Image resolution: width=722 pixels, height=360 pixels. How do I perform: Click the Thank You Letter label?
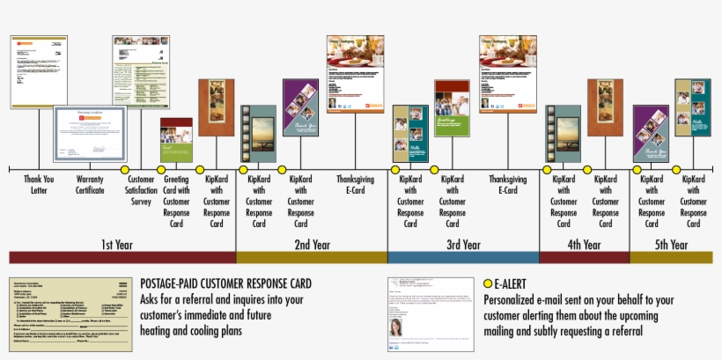38,184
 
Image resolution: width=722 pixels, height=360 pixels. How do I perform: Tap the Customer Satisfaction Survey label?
141,189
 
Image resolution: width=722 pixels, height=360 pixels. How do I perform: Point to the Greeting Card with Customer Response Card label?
176,200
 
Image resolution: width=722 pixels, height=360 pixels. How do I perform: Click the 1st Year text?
117,244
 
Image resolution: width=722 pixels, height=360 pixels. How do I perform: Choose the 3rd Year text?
463,244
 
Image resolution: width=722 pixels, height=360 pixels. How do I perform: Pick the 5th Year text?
671,244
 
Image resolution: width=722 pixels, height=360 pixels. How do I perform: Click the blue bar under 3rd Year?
463,257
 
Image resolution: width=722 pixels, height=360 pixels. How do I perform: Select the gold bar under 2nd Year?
312,257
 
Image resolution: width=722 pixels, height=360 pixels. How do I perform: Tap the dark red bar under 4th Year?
584,257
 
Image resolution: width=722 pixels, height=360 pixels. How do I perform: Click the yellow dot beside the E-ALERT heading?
488,284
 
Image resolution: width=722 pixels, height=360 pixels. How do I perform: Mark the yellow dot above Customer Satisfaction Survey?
124,169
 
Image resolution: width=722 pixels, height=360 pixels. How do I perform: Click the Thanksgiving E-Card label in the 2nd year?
355,184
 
